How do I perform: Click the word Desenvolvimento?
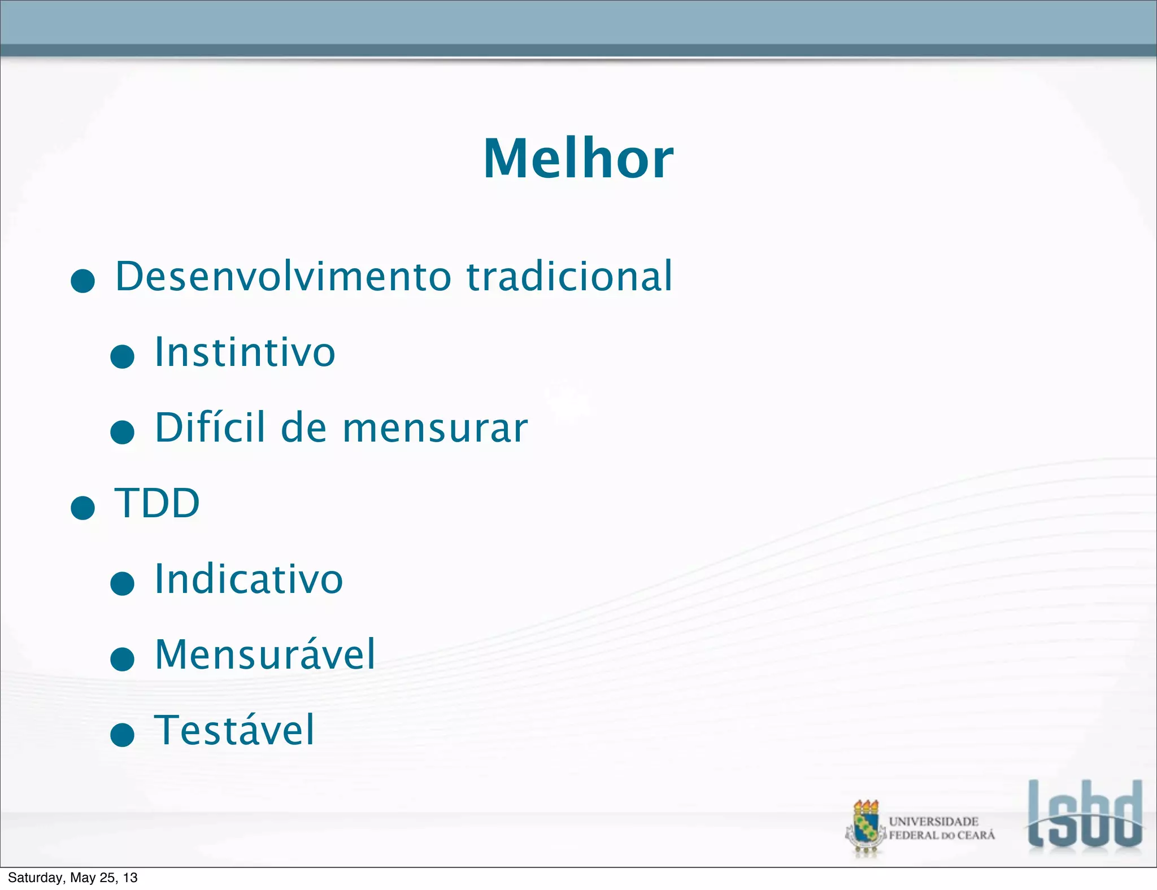click(x=283, y=277)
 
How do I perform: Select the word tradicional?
click(x=569, y=277)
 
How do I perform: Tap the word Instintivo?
click(x=245, y=352)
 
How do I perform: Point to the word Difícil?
click(x=210, y=427)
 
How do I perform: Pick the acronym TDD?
click(x=157, y=503)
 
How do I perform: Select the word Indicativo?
click(x=249, y=579)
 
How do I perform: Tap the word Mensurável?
click(x=265, y=655)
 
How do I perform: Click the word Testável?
click(x=234, y=730)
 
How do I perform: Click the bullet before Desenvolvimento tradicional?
click(x=82, y=281)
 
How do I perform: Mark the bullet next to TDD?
click(x=82, y=508)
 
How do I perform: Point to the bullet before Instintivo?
click(x=122, y=357)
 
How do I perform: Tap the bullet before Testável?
click(x=122, y=735)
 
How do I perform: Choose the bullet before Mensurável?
click(x=122, y=659)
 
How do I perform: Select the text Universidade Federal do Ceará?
click(x=941, y=828)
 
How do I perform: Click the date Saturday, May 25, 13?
click(x=72, y=878)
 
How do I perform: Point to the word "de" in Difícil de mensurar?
click(x=303, y=427)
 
